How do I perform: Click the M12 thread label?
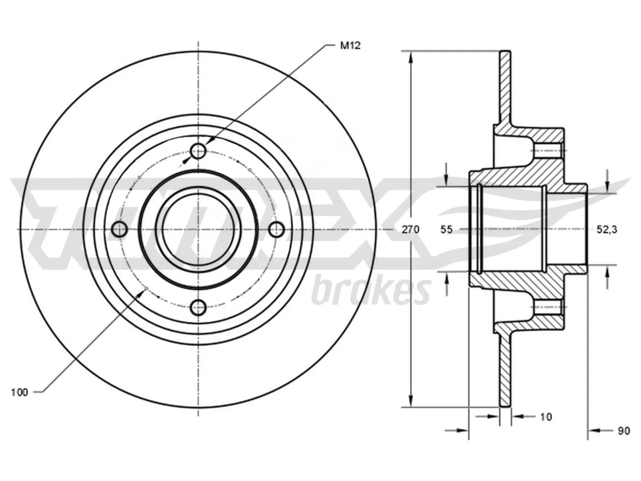(350, 46)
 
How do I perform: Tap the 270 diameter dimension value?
(410, 229)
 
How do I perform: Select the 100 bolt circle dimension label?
(20, 392)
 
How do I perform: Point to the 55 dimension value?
(447, 229)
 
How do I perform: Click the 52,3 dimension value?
(607, 229)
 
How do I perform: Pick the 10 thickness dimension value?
(546, 417)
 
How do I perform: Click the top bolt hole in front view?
(198, 151)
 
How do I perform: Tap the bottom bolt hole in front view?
(198, 307)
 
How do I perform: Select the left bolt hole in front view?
(120, 229)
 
